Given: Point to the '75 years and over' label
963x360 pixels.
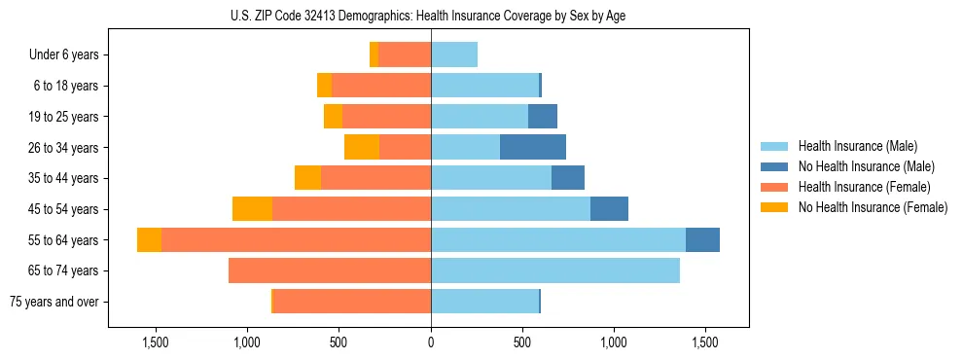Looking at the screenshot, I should (x=53, y=302).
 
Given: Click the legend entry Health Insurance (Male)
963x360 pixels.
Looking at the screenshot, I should (x=857, y=146).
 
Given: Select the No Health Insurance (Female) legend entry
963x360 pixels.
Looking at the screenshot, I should (x=873, y=207).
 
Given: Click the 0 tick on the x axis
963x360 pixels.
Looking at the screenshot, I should (x=431, y=342).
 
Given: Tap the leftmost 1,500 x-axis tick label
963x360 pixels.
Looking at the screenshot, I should (x=156, y=342).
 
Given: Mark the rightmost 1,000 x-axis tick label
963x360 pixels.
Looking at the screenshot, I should (x=614, y=342).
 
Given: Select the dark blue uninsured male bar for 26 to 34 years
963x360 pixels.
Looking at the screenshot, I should (x=533, y=147).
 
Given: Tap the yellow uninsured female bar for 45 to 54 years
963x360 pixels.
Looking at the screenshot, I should (x=252, y=209).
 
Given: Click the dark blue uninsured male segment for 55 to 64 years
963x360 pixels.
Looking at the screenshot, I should (x=702, y=240).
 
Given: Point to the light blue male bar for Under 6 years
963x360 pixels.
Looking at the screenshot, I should (x=454, y=55).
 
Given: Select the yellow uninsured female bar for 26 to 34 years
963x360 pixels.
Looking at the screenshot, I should (x=362, y=147).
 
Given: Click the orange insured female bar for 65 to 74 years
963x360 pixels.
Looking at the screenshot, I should (x=330, y=270).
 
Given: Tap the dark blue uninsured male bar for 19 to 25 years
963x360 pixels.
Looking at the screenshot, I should (x=543, y=117).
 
